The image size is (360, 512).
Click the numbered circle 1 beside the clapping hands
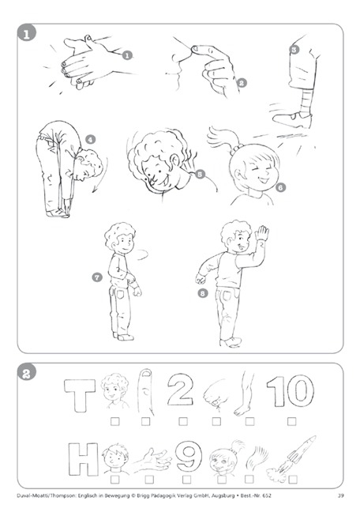pos(127,55)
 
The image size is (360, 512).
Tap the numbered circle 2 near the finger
pos(242,83)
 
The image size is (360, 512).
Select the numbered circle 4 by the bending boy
pos(90,140)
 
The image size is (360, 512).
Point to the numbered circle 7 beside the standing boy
pos(97,277)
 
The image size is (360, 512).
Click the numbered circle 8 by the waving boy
pos(203,293)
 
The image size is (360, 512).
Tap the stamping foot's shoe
pos(292,119)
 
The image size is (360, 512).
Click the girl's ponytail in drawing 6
pos(223,138)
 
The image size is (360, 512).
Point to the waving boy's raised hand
pos(262,233)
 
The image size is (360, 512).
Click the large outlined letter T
pos(80,395)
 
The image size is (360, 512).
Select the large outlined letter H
pos(83,459)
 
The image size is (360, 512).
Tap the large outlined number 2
pos(180,390)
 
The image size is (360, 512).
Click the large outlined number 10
pos(291,391)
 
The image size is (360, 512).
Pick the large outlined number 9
pos(189,456)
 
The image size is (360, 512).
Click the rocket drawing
pos(291,457)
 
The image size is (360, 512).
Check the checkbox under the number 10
pos(292,422)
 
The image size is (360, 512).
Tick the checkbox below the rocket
pos(293,480)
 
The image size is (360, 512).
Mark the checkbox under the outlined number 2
pos(183,422)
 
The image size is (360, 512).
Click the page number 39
pos(340,495)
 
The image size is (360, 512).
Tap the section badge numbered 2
pos(27,373)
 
